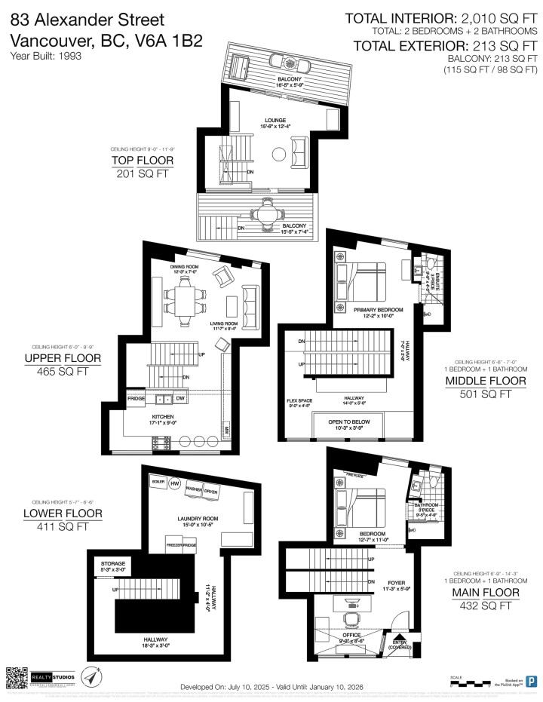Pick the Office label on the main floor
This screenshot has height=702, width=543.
[x=353, y=635]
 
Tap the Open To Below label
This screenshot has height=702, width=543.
[x=348, y=422]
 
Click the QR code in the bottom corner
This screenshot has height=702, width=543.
[x=16, y=677]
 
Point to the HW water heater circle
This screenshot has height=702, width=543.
[x=176, y=483]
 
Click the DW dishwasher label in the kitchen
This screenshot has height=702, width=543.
[x=179, y=398]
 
